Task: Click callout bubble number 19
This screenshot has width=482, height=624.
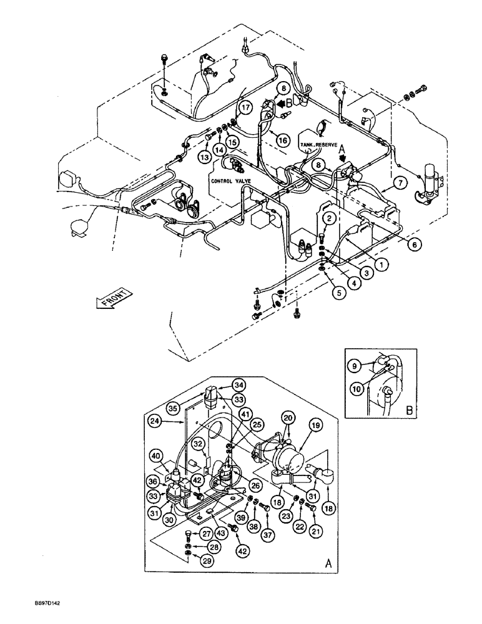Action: pos(315,426)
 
